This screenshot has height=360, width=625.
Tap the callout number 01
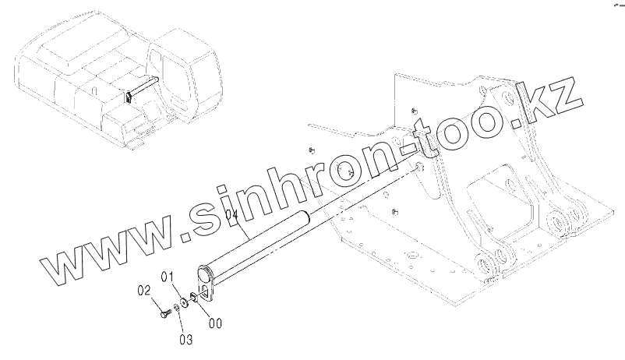click(x=168, y=276)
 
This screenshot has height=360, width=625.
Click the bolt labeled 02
click(x=164, y=314)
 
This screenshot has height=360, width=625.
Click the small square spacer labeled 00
click(x=192, y=296)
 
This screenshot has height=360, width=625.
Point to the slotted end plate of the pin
click(x=208, y=281)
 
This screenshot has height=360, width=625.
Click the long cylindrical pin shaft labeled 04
click(x=257, y=242)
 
